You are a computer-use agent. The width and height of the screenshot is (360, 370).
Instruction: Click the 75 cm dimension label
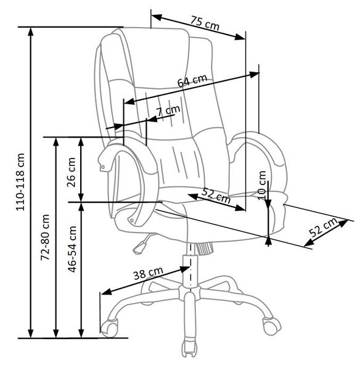point(205,23)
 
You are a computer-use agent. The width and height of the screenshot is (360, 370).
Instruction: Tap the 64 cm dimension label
point(192,80)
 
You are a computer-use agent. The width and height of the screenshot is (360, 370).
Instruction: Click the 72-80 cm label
point(45,237)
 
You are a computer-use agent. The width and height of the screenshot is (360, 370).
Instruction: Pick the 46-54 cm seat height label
point(72,249)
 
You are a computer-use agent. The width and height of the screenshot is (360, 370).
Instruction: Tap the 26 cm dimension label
point(71,172)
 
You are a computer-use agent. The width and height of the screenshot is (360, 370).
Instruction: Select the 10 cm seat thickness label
point(262,186)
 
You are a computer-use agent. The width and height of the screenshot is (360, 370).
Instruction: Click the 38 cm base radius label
point(148,273)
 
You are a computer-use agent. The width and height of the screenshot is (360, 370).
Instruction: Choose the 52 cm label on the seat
point(216,195)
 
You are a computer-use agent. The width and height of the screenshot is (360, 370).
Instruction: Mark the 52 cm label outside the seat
point(324,227)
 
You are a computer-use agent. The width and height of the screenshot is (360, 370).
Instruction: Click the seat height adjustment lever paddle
point(139,247)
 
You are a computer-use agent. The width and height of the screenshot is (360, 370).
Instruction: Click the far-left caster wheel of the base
point(110,327)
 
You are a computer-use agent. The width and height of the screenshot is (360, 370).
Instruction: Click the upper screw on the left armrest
point(102,167)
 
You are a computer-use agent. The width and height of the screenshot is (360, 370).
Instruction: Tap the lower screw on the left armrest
point(131,220)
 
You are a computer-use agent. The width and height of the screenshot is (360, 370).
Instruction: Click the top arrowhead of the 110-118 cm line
point(30,31)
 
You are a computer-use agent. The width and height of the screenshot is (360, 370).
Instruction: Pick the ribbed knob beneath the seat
point(204,249)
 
